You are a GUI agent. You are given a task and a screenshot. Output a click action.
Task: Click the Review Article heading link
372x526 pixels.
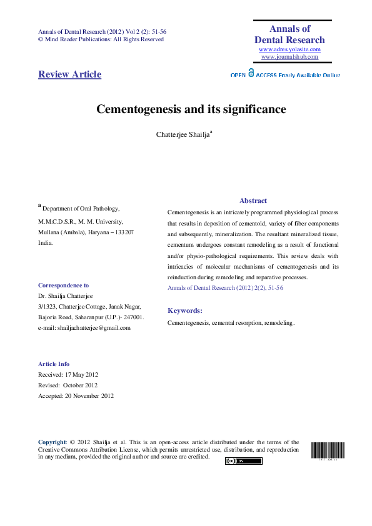click(x=69, y=74)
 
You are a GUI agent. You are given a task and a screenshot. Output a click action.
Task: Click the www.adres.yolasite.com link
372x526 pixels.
click(x=289, y=49)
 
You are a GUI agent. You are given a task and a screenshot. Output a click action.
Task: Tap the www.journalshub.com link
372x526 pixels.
click(x=289, y=57)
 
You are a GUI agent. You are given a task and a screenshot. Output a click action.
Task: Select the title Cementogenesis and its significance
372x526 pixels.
click(x=191, y=109)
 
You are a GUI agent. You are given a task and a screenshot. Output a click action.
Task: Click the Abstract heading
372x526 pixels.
click(x=253, y=201)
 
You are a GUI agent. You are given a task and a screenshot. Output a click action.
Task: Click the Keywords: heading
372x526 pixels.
click(x=185, y=310)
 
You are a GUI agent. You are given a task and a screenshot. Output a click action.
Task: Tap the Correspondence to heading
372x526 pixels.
click(x=63, y=285)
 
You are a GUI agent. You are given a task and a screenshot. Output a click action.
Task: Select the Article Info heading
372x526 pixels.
click(x=54, y=364)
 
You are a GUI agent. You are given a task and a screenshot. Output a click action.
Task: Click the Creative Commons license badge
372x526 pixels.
click(x=243, y=461)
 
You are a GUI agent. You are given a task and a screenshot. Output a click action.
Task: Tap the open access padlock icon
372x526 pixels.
click(x=251, y=72)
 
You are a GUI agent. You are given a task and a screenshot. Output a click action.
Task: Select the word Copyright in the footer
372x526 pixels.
click(x=52, y=442)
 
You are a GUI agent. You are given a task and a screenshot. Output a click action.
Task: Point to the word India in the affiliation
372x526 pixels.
click(x=46, y=242)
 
